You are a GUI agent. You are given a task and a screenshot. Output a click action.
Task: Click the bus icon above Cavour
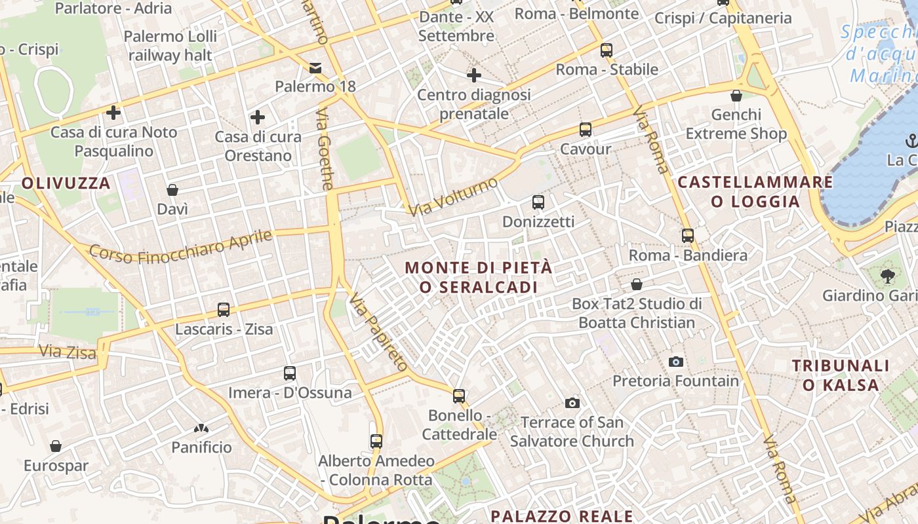pos(586,130)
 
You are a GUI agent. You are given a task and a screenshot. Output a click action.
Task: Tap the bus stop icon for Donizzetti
pos(538,202)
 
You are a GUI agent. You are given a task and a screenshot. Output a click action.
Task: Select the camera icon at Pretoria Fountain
pos(676,362)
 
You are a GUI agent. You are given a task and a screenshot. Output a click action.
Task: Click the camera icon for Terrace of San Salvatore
pos(572,403)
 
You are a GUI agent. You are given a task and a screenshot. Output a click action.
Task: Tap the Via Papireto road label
pos(379,333)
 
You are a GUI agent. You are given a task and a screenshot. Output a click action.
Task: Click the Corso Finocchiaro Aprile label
pos(180,246)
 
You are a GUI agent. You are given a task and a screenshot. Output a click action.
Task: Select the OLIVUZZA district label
pos(66,183)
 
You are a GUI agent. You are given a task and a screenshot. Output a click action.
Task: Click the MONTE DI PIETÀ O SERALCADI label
pos(479,277)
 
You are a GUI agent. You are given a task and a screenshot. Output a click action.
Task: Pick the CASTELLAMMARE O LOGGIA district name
pos(755,191)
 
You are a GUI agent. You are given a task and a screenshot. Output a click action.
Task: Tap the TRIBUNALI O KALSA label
pos(841,375)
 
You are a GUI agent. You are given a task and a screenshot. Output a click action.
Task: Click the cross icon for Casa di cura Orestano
pos(258,117)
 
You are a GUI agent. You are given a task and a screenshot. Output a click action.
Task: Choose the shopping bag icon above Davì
pos(172,190)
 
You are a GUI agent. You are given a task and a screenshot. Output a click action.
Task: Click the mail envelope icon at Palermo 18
pos(315,67)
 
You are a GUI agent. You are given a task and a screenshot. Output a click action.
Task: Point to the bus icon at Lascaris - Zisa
pos(224,309)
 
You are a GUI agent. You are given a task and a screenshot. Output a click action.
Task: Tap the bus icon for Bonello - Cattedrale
pos(459,396)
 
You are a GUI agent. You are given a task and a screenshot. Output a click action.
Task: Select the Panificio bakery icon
pos(201,428)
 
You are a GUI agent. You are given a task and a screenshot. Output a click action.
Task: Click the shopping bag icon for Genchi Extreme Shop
pos(736,96)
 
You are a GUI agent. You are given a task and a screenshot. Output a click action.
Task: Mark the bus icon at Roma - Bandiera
pos(688,235)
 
